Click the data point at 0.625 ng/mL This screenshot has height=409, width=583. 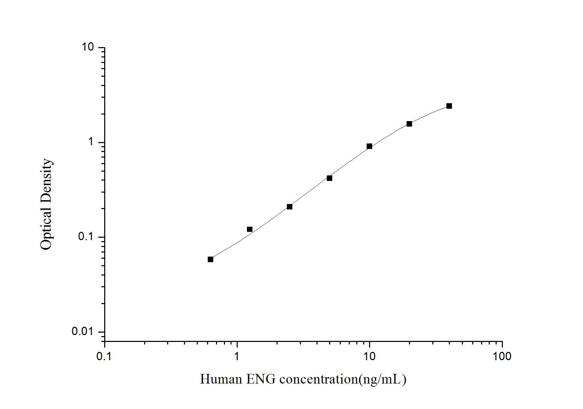click(x=210, y=259)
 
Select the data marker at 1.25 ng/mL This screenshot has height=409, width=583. click(x=250, y=229)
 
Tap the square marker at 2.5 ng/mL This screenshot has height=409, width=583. click(x=290, y=207)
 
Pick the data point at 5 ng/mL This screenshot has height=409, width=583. click(x=330, y=178)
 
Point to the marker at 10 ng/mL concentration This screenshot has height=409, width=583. click(x=369, y=146)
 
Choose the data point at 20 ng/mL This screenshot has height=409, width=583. click(x=409, y=124)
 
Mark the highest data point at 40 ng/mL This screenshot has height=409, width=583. click(x=449, y=106)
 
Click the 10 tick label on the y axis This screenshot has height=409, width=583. click(x=88, y=47)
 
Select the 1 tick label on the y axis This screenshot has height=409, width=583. click(x=91, y=142)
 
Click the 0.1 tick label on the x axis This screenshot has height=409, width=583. click(x=104, y=356)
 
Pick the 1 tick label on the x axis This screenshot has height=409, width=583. click(x=237, y=356)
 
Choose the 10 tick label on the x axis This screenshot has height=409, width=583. click(x=369, y=356)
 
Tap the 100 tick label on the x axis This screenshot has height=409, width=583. click(x=502, y=356)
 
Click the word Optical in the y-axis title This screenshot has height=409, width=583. click(x=46, y=228)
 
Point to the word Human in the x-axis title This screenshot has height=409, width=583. click(x=221, y=379)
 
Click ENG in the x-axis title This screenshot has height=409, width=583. click(x=261, y=379)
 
